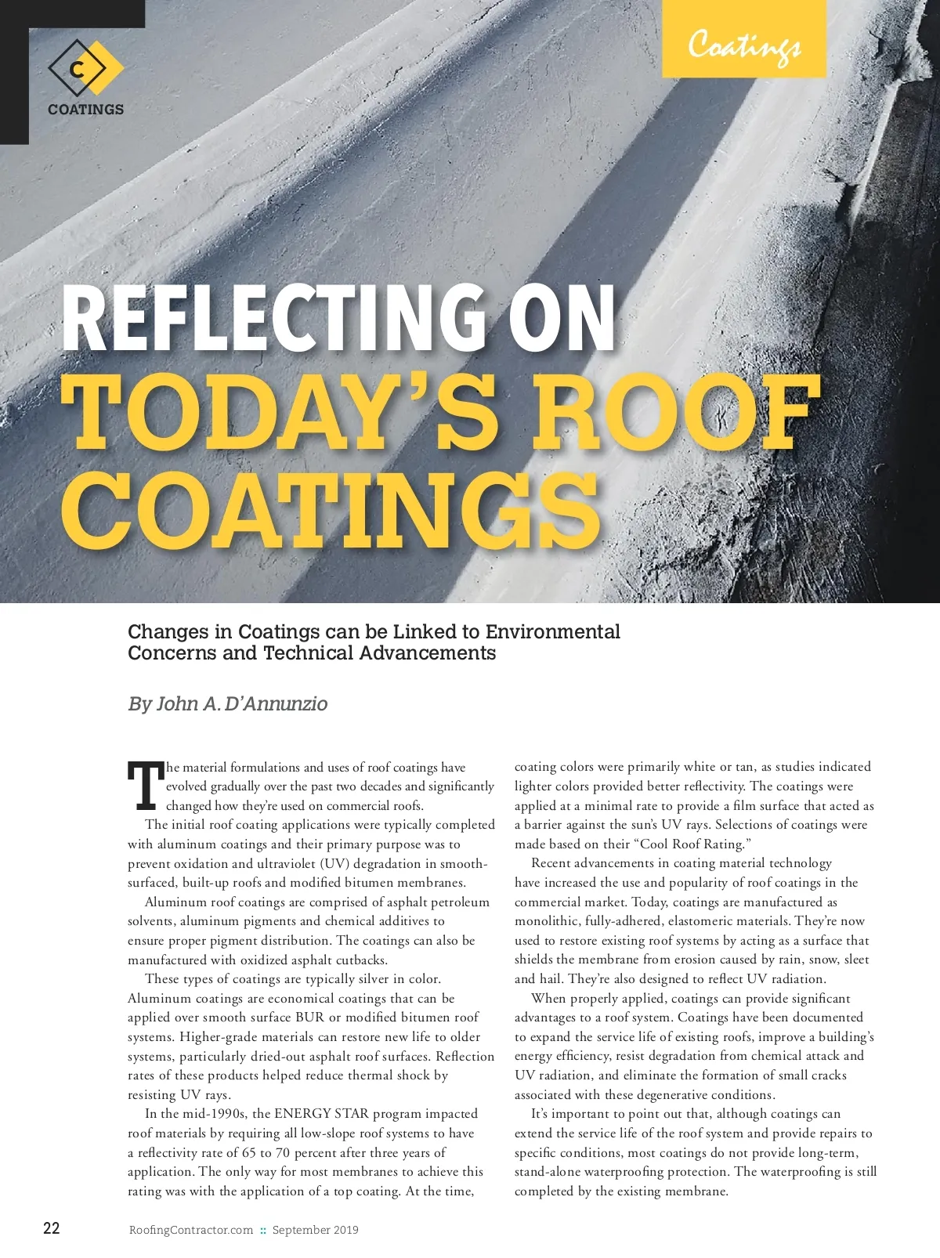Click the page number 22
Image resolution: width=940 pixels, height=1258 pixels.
coord(51,1227)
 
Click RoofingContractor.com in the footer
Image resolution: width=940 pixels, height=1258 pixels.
coord(191,1230)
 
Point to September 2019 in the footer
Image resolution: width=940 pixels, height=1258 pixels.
coord(315,1230)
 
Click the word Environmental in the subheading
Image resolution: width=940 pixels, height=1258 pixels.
coord(553,631)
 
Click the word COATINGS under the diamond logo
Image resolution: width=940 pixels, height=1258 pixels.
coord(85,110)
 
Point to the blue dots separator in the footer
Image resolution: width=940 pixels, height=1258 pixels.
coord(263,1230)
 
